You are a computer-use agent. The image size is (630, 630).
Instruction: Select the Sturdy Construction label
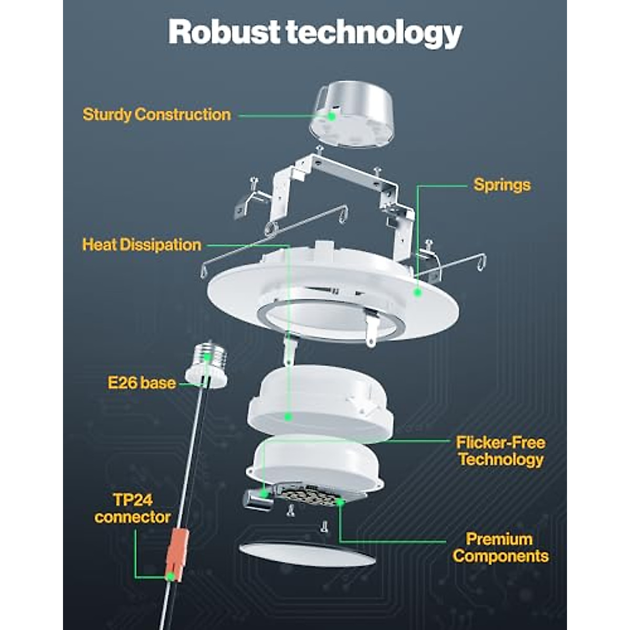coord(156,114)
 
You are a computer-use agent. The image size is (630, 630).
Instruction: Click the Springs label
coord(501,185)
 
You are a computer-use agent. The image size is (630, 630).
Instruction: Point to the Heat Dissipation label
coord(142,245)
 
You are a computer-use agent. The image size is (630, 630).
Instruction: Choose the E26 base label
coord(142,383)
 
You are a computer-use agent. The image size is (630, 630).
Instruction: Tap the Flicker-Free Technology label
coord(500,451)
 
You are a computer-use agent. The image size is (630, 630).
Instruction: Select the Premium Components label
coord(500,548)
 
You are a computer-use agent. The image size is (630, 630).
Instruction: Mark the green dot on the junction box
coord(332,116)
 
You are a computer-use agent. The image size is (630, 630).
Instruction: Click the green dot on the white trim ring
coord(418,292)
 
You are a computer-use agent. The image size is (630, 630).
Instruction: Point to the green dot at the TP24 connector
coord(170,576)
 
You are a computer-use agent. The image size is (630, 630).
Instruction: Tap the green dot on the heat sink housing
coord(288,417)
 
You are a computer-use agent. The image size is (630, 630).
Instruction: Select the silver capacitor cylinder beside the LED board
coord(258,499)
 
